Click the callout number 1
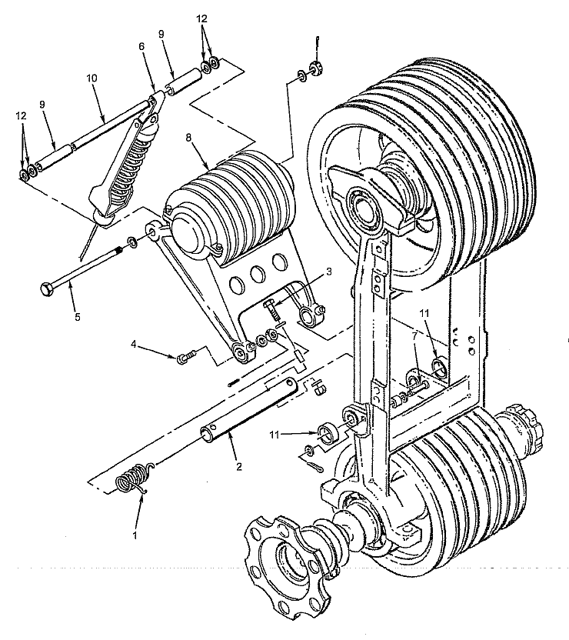point(136,535)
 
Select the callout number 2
point(239,466)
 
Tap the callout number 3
point(329,272)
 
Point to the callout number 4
point(133,344)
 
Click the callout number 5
point(78,316)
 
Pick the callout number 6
point(141,46)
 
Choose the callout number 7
point(414,336)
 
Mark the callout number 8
point(188,138)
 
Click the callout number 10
point(92,78)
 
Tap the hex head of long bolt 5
point(45,288)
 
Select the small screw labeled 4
point(185,358)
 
